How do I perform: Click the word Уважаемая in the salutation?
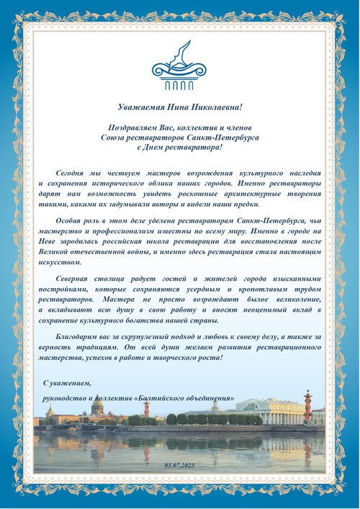pyautogui.click(x=139, y=107)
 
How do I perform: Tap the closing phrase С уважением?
pyautogui.click(x=67, y=381)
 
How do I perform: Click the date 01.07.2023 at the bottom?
pyautogui.click(x=179, y=467)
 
